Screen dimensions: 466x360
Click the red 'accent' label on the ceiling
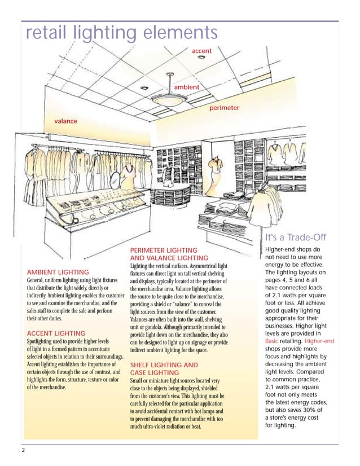pos(201,51)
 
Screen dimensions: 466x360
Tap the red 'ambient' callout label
pos(186,87)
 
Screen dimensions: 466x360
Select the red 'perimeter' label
pos(224,107)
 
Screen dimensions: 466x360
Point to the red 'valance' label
pos(65,121)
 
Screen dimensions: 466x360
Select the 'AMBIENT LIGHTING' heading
pos(58,272)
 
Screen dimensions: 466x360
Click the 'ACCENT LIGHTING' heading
pos(56,333)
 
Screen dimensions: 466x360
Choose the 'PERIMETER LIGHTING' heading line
pos(164,250)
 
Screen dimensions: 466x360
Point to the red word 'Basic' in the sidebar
pos(273,341)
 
